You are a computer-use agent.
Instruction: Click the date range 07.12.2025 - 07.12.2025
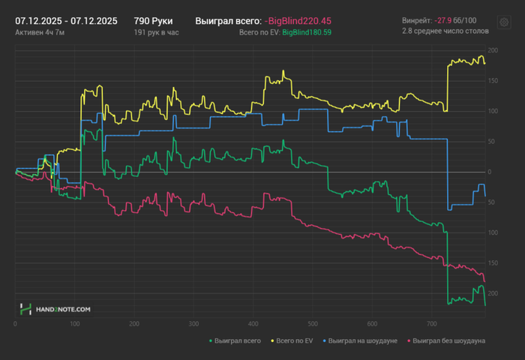point(66,21)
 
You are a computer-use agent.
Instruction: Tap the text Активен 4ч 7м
point(40,33)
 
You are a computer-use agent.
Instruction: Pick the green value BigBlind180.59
point(307,33)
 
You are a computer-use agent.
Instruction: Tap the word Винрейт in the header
point(417,21)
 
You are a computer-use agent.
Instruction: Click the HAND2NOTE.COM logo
point(55,308)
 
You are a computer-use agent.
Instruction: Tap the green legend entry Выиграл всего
point(237,340)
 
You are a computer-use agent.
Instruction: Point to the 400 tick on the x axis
point(253,324)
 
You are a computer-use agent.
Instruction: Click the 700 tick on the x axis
point(430,324)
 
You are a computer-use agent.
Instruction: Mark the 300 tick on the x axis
point(193,324)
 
